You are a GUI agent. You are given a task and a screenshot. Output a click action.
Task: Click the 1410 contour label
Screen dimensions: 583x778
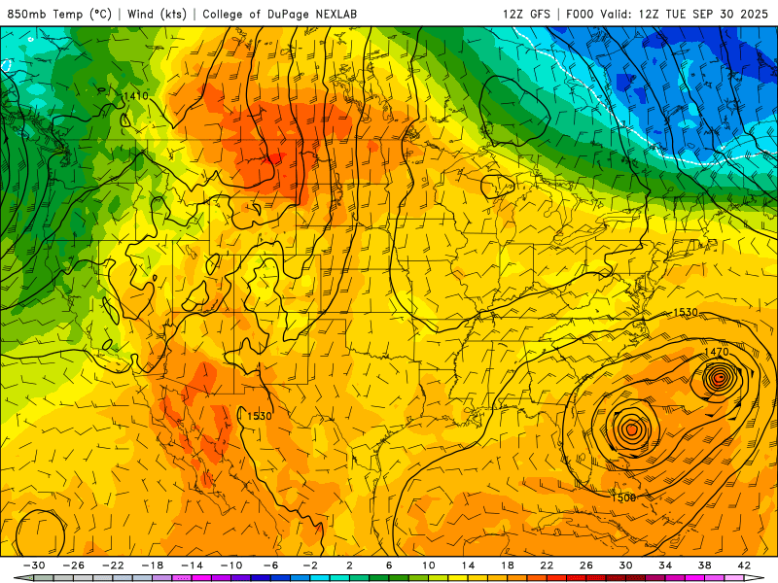(135, 96)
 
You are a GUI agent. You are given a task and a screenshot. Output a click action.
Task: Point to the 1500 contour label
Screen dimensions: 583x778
(624, 497)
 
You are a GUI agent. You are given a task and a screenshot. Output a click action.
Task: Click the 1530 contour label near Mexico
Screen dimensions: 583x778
(259, 416)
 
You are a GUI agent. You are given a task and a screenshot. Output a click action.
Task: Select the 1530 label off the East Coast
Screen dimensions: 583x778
(686, 312)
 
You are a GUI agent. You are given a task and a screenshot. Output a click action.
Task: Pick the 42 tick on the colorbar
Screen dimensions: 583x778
(744, 566)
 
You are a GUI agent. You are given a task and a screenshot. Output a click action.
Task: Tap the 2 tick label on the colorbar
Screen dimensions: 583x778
(349, 566)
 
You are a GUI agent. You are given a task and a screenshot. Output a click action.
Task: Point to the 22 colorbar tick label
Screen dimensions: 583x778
(547, 566)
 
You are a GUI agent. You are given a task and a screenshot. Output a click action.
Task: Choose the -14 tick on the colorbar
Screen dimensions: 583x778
(192, 566)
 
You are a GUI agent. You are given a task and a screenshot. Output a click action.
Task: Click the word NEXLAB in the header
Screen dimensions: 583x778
(358, 14)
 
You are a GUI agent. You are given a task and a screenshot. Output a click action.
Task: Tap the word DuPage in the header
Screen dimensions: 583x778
(296, 14)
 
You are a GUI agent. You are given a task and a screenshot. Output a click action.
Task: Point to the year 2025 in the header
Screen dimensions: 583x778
(752, 14)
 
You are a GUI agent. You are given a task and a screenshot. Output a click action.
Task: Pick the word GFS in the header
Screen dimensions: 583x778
(540, 14)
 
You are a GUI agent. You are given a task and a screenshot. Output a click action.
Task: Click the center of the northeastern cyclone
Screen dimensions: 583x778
(720, 379)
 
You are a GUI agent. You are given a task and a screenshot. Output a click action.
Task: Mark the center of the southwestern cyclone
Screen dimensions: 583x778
(631, 428)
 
